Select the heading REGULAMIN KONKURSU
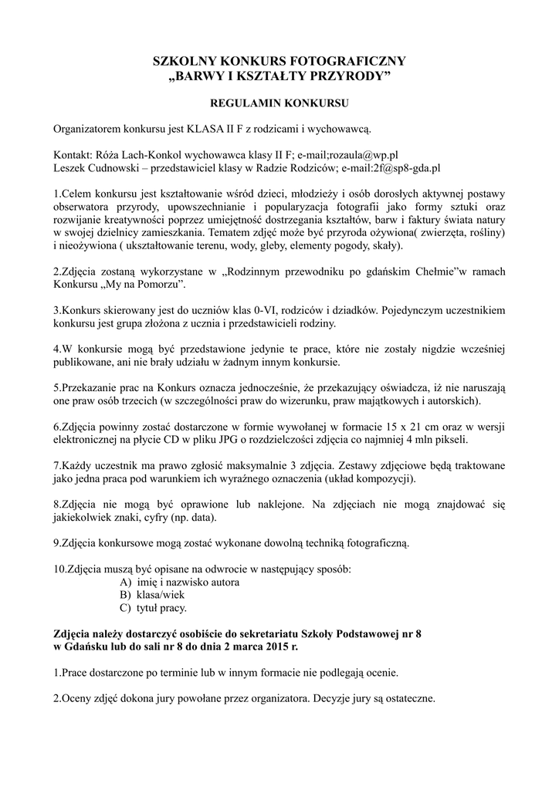[279, 101]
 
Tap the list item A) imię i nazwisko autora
[179, 582]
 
